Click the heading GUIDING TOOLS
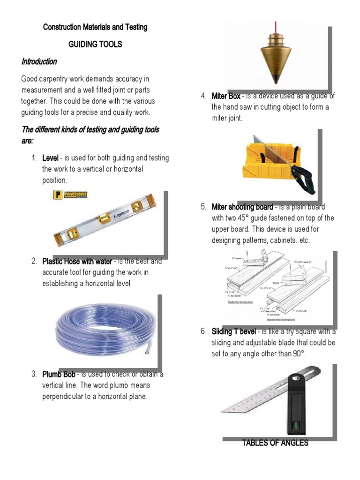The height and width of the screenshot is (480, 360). [x=95, y=44]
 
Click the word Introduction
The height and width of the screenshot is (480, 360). [x=39, y=61]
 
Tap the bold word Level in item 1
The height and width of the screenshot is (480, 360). [x=50, y=158]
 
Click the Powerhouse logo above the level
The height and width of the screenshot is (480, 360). [x=71, y=195]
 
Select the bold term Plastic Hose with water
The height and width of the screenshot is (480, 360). [x=77, y=261]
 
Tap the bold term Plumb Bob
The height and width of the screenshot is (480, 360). [x=56, y=374]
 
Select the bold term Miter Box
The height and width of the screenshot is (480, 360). [x=226, y=96]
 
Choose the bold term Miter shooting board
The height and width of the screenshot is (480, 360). [x=242, y=207]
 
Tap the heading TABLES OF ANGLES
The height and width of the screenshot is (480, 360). [x=275, y=443]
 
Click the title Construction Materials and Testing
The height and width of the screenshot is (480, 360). [x=95, y=27]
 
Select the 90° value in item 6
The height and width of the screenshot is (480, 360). [x=298, y=354]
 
